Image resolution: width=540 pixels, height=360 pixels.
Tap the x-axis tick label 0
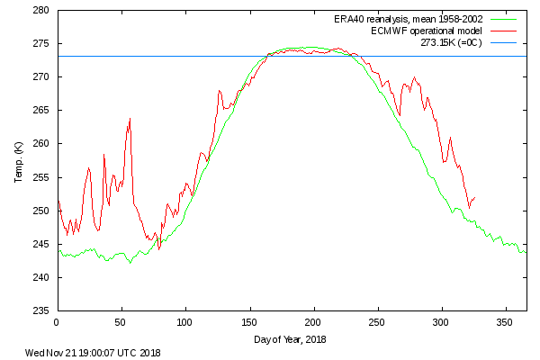57,321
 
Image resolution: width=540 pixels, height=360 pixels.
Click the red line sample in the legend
508,31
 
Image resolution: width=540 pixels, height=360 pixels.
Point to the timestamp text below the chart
93,353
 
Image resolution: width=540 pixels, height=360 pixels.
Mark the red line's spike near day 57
130,118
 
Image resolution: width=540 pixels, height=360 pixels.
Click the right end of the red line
475,197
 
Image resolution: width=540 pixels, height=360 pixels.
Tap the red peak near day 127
219,90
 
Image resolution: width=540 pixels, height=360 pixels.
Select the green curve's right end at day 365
526,252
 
